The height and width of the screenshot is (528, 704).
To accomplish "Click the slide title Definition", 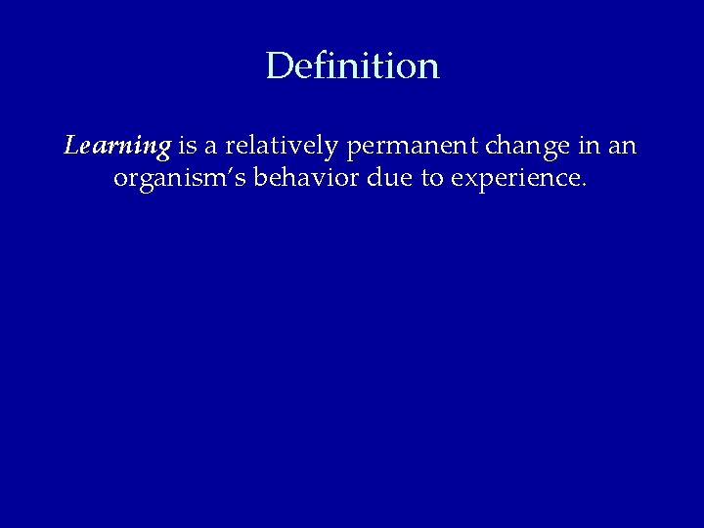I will (352, 66).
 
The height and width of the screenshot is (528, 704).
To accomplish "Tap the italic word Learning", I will (117, 148).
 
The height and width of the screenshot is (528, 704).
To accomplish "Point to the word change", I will (529, 148).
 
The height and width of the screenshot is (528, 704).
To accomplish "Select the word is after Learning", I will (186, 148).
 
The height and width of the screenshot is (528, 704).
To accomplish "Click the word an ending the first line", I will (623, 148).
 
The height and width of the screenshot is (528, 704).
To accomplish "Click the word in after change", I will (588, 148).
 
